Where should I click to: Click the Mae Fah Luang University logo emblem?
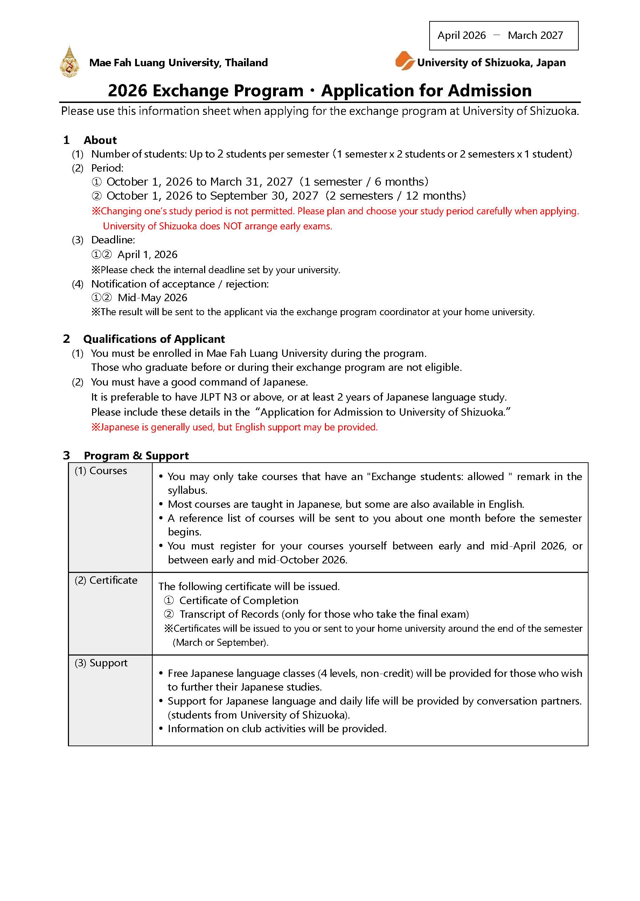(69, 62)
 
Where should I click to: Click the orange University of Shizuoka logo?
(405, 61)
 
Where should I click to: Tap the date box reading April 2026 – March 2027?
(503, 35)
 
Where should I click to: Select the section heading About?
(100, 140)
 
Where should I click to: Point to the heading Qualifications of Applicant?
(154, 339)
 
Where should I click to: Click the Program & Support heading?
(136, 456)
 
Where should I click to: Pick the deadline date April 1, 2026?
(147, 255)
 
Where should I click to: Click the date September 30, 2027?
(264, 196)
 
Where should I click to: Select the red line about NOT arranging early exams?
(217, 226)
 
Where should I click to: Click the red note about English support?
(235, 427)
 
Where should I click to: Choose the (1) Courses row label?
(101, 471)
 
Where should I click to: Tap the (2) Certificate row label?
(106, 580)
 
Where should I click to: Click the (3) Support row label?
(101, 663)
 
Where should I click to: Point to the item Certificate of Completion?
(238, 600)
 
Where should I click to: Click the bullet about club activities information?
(277, 728)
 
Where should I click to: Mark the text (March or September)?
(221, 643)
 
